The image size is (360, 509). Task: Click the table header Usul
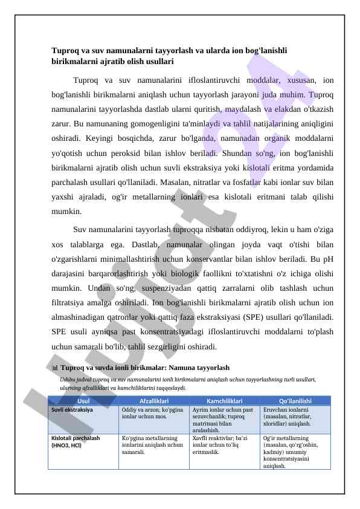coord(83,400)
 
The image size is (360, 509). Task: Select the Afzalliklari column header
coord(153,400)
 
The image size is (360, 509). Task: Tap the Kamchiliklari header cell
coord(225,400)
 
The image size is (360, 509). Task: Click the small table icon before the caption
coord(54,368)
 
